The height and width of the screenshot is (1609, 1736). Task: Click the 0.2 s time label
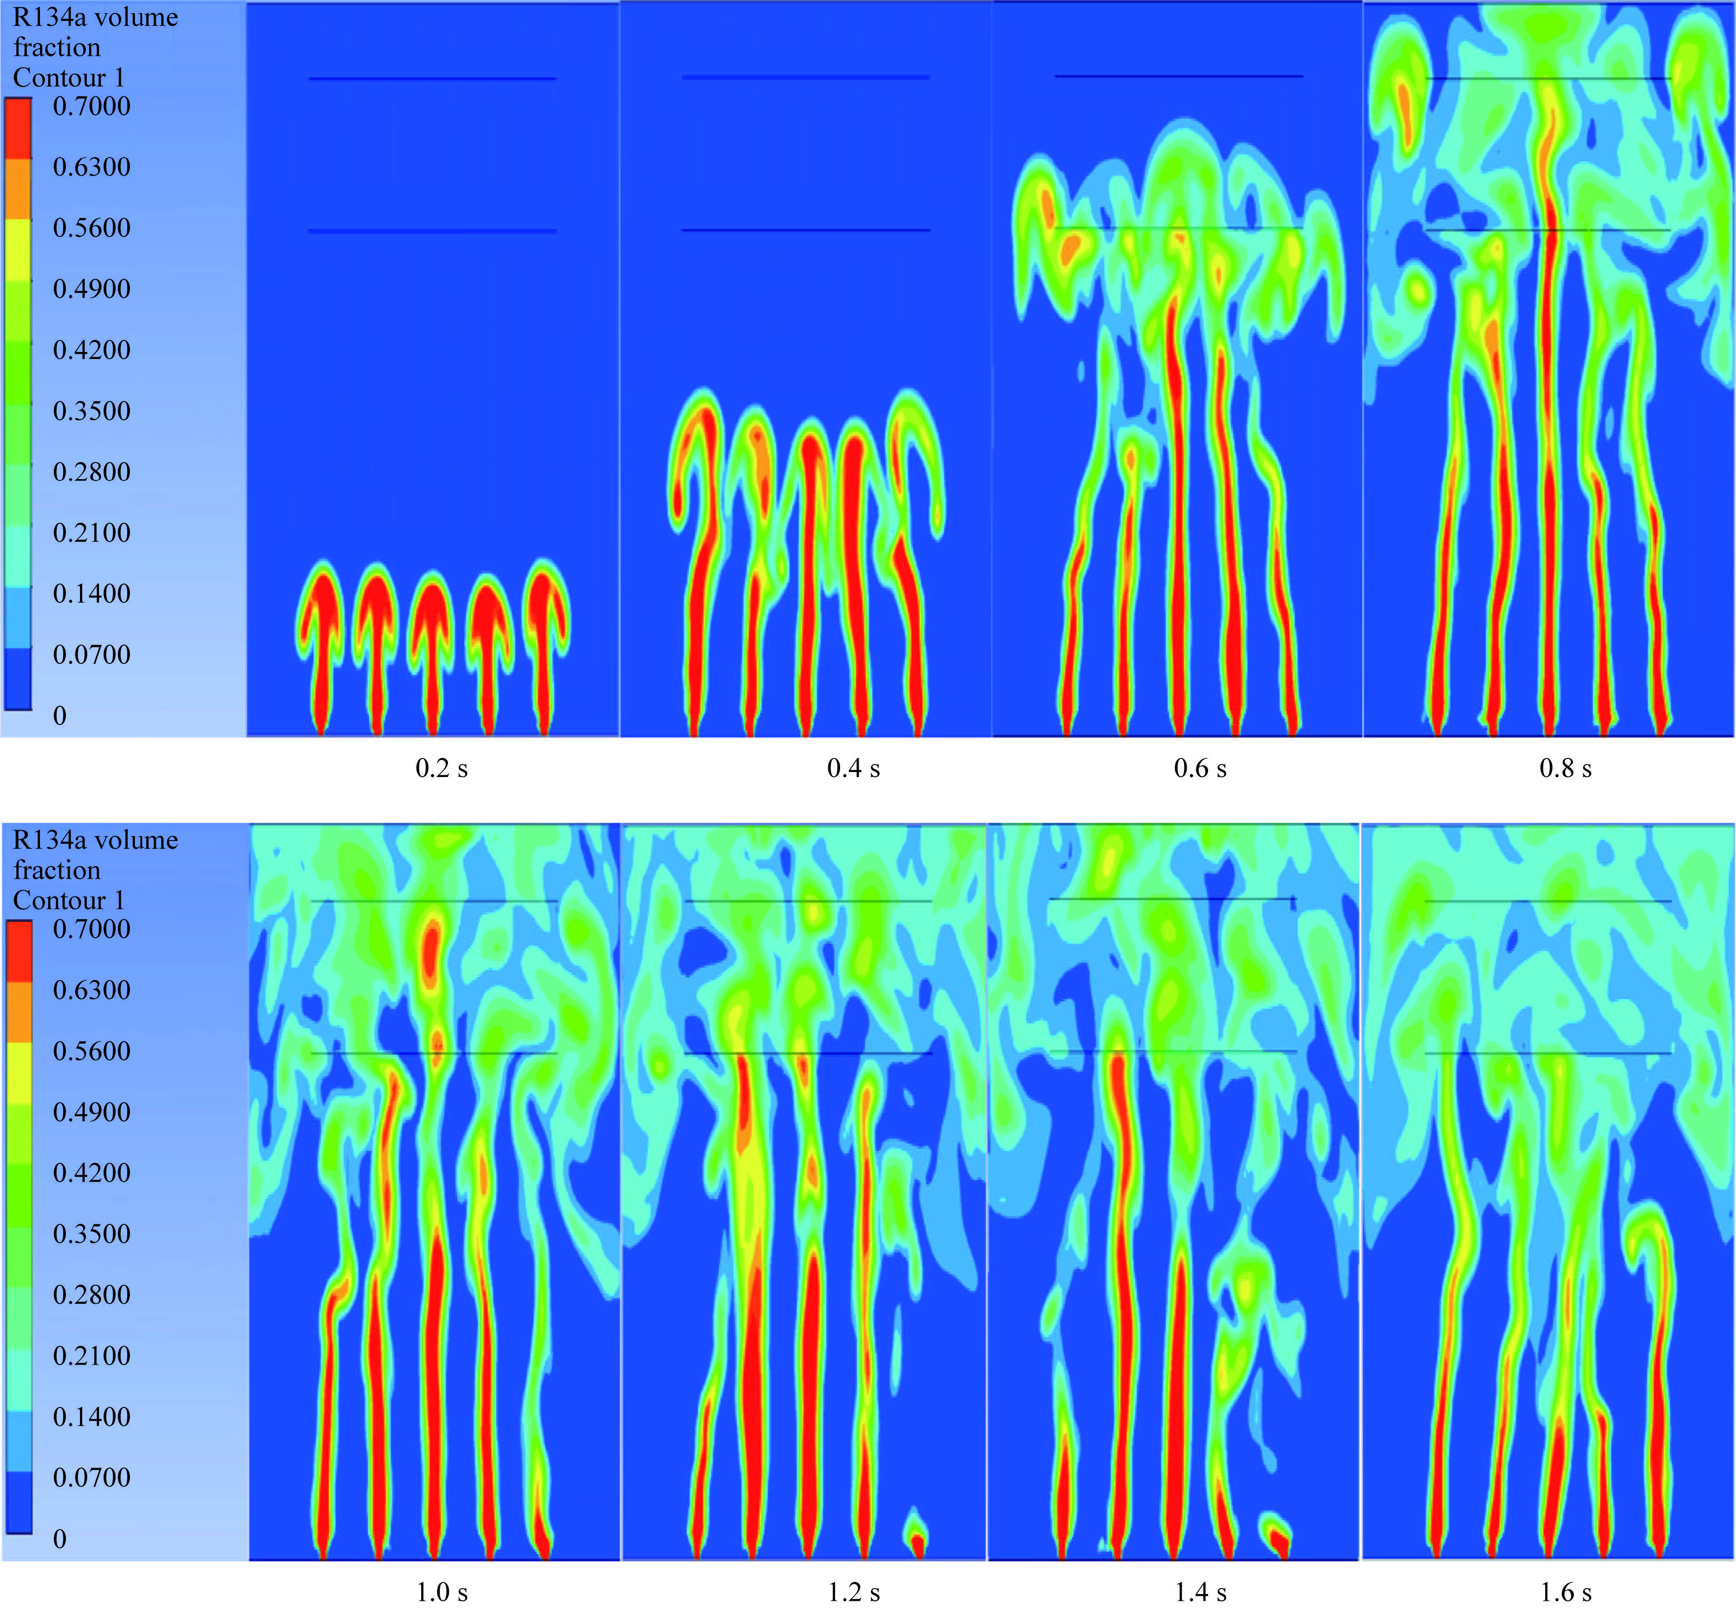point(442,769)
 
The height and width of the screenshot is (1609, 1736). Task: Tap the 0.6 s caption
point(1200,769)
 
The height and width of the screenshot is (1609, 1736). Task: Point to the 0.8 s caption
point(1565,769)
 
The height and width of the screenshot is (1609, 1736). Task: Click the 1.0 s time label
point(442,1593)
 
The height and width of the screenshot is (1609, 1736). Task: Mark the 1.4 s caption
point(1200,1593)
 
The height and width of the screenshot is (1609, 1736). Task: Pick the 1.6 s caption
point(1565,1593)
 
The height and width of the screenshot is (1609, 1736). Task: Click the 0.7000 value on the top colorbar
point(91,106)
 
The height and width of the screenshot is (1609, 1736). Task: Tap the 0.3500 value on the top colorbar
point(91,411)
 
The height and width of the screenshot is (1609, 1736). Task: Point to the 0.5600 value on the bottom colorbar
point(91,1051)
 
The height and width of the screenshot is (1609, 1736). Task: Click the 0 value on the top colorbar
point(59,716)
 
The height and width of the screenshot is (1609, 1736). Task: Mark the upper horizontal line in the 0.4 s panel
point(806,78)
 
